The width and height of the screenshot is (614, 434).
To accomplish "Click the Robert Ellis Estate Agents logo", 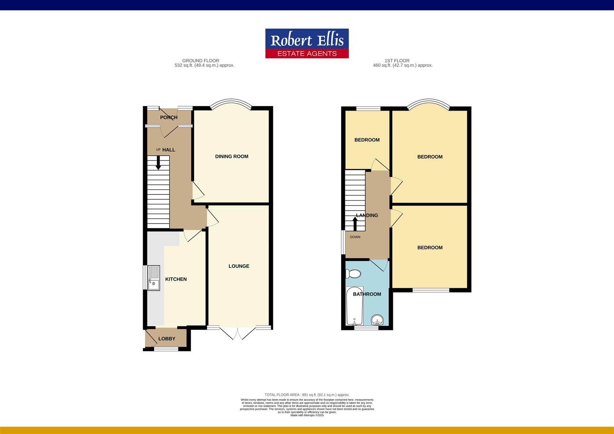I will (307, 43).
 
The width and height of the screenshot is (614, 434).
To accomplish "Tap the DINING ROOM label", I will (231, 156).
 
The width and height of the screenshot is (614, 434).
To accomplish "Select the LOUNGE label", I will (239, 266).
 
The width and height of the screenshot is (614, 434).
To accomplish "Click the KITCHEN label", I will (176, 279).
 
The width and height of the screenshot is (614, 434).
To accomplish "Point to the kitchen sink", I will (153, 278).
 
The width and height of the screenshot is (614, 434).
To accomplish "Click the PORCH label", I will (169, 117).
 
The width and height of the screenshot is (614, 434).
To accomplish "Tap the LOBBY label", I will (167, 339).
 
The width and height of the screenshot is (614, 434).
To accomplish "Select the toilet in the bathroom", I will (354, 274).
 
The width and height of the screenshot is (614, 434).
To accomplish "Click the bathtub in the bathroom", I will (354, 306).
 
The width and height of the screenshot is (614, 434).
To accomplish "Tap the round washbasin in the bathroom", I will (377, 320).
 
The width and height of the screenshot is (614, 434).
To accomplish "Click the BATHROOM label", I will (367, 294).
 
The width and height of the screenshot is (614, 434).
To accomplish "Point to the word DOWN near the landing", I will (355, 237).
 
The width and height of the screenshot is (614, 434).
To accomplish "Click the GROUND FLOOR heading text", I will (201, 61).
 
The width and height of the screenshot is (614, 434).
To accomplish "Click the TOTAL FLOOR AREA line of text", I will (307, 395).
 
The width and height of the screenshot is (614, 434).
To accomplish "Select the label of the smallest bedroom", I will (367, 140).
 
